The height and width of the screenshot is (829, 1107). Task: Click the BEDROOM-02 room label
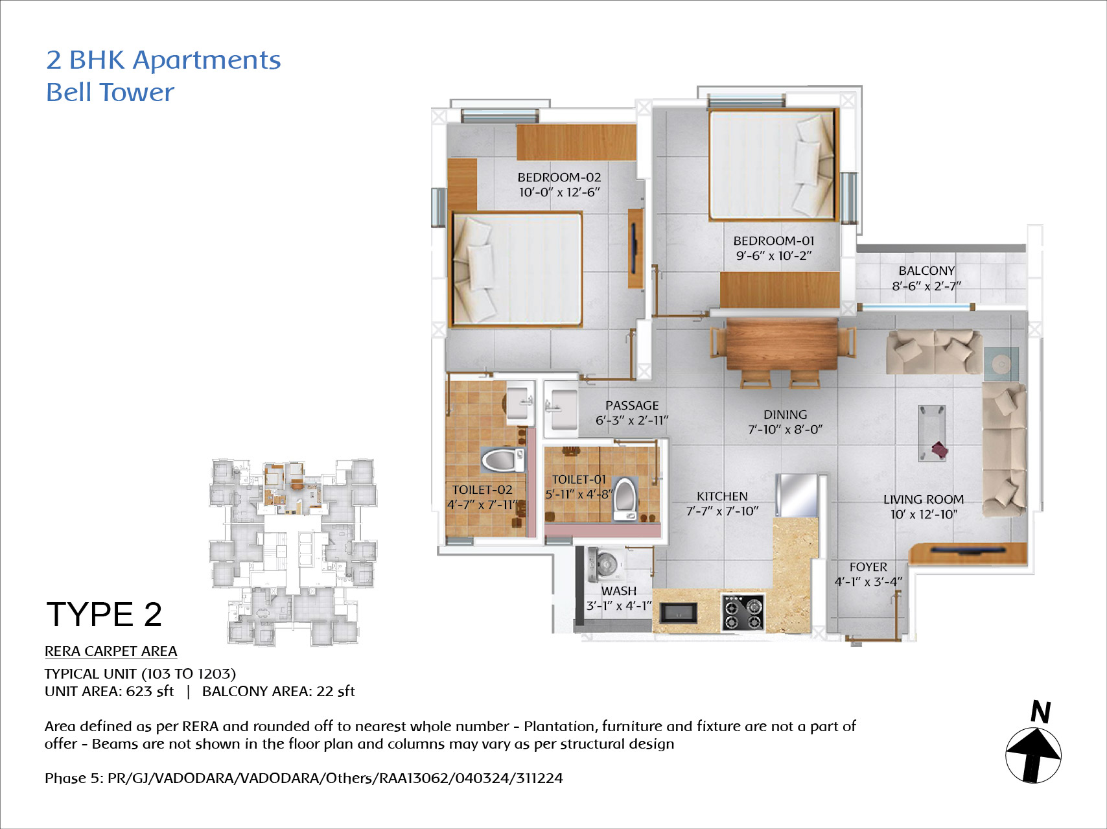click(x=559, y=177)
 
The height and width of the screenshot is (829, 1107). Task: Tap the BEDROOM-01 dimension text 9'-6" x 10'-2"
click(x=773, y=255)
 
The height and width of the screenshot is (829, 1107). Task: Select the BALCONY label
click(x=926, y=270)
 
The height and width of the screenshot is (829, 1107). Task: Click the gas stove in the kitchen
click(x=743, y=613)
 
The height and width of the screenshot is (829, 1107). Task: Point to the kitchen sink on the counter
click(x=678, y=613)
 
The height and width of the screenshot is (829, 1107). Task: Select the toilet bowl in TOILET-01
click(x=625, y=499)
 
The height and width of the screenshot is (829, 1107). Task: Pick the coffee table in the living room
click(x=931, y=433)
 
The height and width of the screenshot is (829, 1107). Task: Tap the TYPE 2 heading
click(x=104, y=614)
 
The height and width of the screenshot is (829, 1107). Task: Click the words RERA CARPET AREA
click(x=111, y=651)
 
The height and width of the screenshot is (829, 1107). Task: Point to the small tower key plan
click(x=292, y=552)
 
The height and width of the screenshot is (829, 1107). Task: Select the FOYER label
click(x=868, y=566)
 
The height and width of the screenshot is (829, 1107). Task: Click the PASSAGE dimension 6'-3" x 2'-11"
click(x=632, y=420)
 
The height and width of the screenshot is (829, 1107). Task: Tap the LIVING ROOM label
click(x=924, y=499)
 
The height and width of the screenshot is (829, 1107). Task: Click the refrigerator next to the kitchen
click(x=797, y=495)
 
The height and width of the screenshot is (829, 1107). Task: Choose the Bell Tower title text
click(x=110, y=92)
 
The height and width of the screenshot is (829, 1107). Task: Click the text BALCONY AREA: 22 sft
click(x=279, y=692)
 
